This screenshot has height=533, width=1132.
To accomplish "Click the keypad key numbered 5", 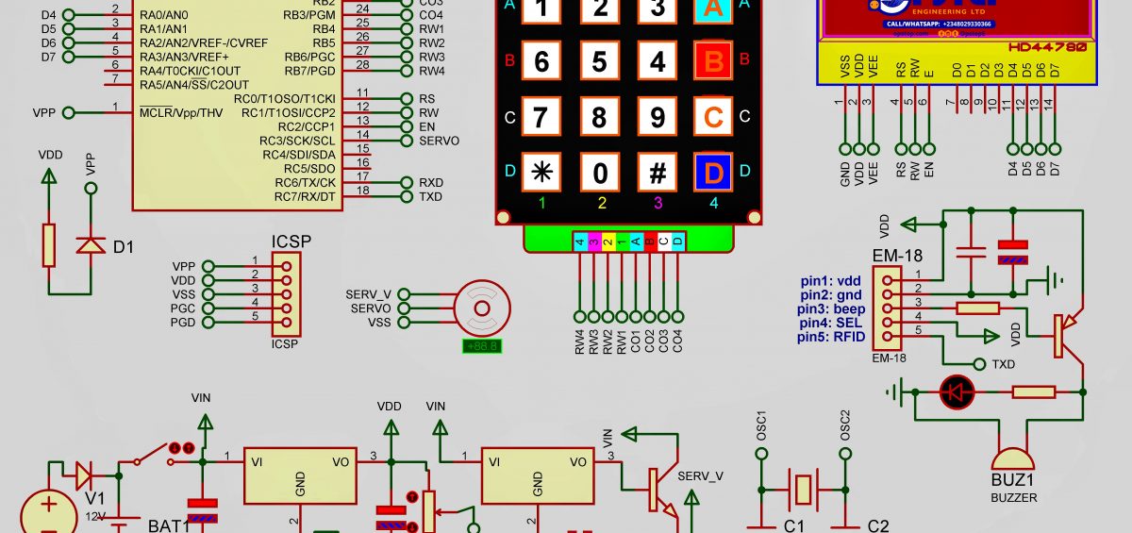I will [599, 63].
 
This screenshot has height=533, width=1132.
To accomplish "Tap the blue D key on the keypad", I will [713, 173].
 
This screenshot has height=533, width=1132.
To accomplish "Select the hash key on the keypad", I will [658, 173].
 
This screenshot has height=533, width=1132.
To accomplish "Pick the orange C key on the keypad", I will [713, 118].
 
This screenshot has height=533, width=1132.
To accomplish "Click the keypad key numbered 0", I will [599, 173].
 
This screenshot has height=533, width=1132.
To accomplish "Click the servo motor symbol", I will [481, 308].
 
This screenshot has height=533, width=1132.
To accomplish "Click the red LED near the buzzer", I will [955, 391].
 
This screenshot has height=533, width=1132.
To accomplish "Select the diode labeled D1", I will [91, 246].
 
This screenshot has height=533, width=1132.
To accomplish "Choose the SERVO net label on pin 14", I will [439, 141].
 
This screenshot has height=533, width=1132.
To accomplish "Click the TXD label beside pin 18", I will [431, 197].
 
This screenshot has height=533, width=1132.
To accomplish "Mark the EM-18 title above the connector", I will [897, 255].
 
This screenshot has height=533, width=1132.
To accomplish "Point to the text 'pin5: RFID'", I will [830, 337].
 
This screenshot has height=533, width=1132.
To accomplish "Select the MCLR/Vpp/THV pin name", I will [181, 113].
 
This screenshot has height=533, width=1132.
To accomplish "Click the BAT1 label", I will [169, 525].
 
